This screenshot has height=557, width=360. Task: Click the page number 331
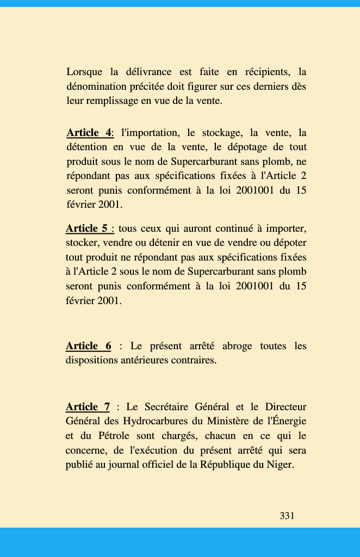click(287, 516)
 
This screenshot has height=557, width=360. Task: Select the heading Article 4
click(89, 133)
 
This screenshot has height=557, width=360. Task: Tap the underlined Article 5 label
click(89, 228)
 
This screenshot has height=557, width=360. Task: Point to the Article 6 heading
click(88, 346)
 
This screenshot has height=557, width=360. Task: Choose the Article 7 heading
click(88, 407)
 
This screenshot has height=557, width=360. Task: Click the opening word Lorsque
click(84, 72)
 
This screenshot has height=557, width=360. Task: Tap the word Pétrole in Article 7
click(116, 436)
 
